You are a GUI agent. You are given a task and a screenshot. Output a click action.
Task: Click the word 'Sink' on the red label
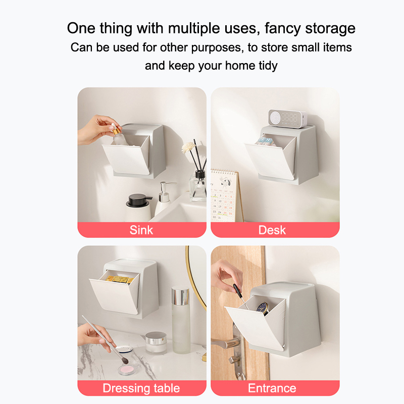point(141,230)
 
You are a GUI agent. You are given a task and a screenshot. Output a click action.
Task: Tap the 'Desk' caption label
point(272,230)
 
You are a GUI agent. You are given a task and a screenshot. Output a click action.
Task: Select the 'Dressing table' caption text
point(141,388)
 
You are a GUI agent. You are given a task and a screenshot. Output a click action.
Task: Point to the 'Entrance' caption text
point(272,388)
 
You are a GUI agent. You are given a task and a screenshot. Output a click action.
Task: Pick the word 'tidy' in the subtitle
point(268,66)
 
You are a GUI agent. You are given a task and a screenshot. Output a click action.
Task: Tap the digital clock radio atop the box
point(287,119)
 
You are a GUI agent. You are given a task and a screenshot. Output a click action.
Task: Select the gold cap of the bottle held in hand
point(117,130)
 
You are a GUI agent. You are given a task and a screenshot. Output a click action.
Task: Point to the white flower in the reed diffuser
point(187,147)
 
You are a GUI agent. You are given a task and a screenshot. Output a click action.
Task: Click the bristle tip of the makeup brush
point(124,361)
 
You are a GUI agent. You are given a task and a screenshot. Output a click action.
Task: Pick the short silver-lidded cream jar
point(156,343)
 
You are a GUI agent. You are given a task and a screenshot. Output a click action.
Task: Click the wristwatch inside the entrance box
point(263,308)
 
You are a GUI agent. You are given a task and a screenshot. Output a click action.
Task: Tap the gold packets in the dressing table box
point(120,279)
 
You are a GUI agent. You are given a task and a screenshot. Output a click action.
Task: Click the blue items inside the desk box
point(264,142)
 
